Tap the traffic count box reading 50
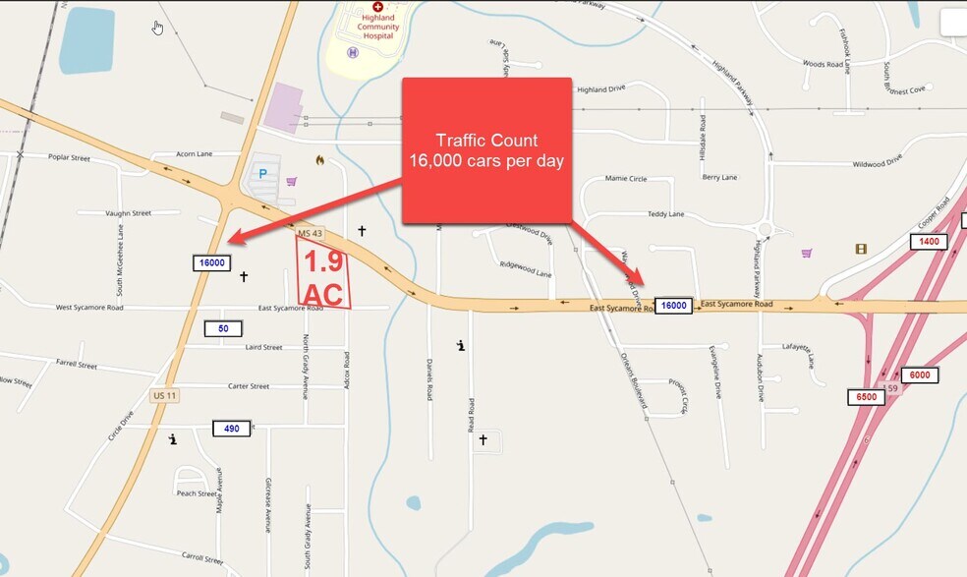224,328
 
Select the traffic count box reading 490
231,428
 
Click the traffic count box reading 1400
930,241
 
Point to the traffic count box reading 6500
866,397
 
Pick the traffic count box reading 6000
920,375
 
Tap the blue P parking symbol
262,174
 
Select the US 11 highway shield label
164,395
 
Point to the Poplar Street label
67,157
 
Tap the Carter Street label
248,386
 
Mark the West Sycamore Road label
89,308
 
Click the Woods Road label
823,64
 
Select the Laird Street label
263,347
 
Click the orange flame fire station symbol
319,159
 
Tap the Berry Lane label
719,178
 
